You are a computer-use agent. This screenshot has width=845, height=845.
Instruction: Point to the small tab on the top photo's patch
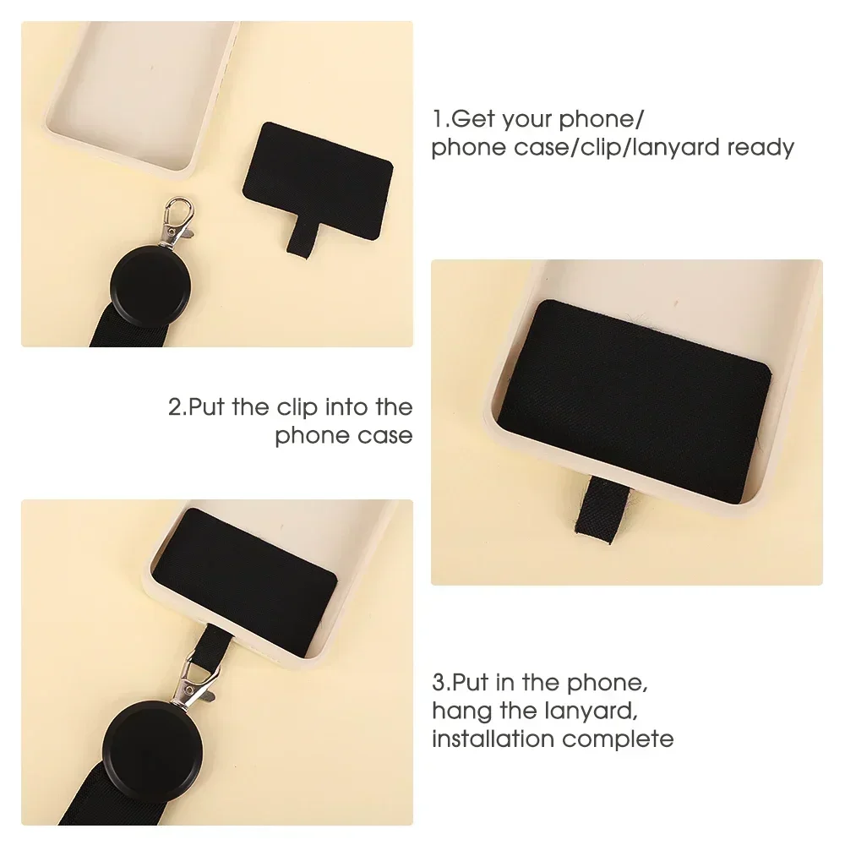tap(298, 237)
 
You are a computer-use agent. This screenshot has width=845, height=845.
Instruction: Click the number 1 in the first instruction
tap(437, 119)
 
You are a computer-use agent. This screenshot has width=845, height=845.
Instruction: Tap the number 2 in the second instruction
tap(174, 407)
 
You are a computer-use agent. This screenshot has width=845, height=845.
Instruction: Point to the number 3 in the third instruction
tap(438, 682)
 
